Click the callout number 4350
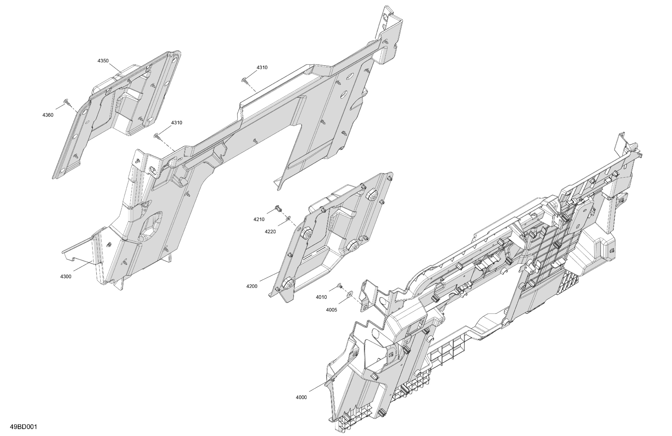[x=103, y=61]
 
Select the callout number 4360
[x=48, y=115]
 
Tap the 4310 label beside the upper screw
[x=262, y=67]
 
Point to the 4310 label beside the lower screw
[x=177, y=123]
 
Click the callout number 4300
[x=66, y=276]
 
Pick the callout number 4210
[x=259, y=219]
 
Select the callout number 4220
[x=270, y=232]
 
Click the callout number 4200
[x=252, y=286]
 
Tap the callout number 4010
[x=321, y=297]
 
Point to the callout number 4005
[x=331, y=310]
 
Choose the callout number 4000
[x=301, y=397]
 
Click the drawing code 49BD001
[x=23, y=427]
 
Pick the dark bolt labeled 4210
[x=278, y=209]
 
